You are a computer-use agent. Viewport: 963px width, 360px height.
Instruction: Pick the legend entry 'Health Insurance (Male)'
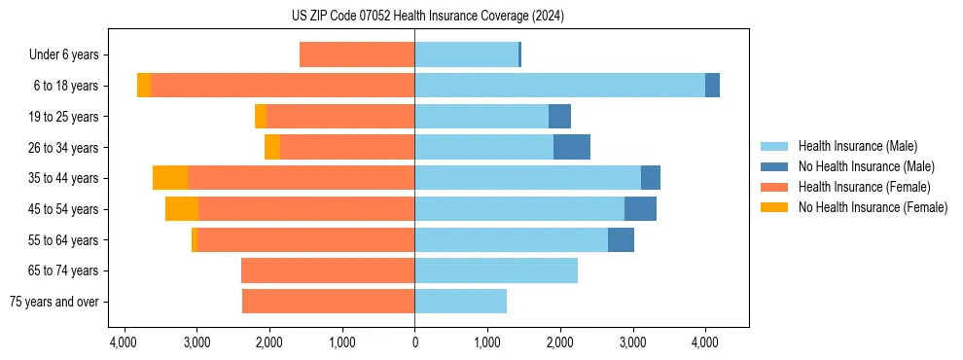click(857, 146)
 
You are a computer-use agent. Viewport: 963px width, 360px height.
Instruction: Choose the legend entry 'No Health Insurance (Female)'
click(873, 207)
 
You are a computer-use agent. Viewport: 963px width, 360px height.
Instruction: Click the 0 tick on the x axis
click(415, 342)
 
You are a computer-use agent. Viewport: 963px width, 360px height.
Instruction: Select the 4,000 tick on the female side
click(125, 342)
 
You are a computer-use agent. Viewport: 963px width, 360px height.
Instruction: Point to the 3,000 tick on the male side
click(632, 342)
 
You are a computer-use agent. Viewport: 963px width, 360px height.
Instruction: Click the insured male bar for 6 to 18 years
click(559, 86)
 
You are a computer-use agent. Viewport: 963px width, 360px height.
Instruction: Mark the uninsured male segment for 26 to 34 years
click(572, 147)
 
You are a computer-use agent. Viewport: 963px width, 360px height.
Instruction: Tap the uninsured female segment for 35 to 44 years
click(170, 178)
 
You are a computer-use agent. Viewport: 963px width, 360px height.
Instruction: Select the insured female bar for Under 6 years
click(357, 55)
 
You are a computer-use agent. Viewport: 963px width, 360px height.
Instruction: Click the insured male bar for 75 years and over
click(461, 302)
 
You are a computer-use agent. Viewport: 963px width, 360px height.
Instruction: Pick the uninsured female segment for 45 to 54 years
click(182, 209)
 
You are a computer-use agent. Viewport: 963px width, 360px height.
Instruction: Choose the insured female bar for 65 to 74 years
click(328, 270)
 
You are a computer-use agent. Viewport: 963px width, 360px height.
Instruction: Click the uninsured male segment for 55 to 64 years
click(621, 240)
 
